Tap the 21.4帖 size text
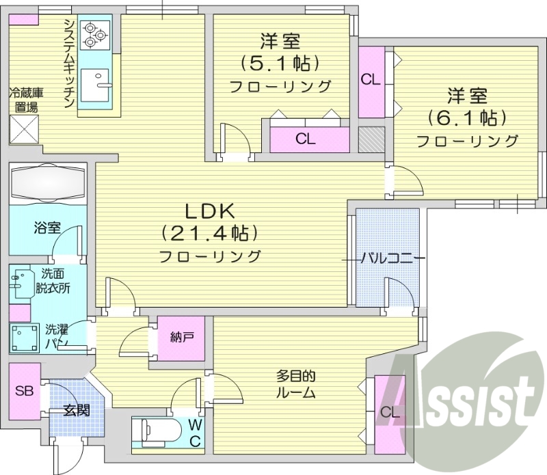click(210, 234)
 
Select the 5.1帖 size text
click(280, 64)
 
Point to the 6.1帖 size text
click(467, 118)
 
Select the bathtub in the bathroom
click(47, 182)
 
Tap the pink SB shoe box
click(25, 392)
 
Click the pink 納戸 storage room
click(181, 338)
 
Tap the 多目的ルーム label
click(296, 384)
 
